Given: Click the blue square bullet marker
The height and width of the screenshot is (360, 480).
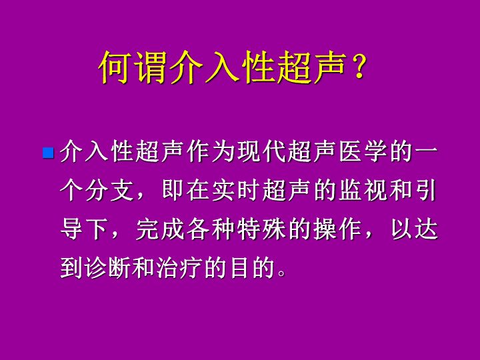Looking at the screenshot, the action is coord(49,153).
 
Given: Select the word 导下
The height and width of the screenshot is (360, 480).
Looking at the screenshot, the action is coord(85,229).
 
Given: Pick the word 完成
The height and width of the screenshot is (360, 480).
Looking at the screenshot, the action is coord(161,229).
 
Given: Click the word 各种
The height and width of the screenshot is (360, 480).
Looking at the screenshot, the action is coord(211,229).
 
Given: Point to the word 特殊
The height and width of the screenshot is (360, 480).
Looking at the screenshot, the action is coord(262,229).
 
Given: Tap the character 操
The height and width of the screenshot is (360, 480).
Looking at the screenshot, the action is coord(326,229).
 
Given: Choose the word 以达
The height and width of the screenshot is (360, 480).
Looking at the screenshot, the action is coord(415,229).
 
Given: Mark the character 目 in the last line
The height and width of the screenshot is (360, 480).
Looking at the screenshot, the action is coord(239,267).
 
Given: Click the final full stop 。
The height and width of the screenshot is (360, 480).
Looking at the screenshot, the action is coord(281,273).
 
